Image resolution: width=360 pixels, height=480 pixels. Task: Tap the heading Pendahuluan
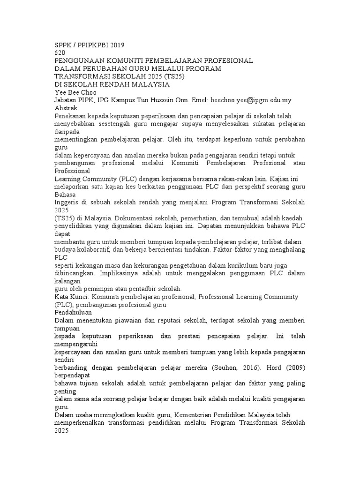click(73, 312)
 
